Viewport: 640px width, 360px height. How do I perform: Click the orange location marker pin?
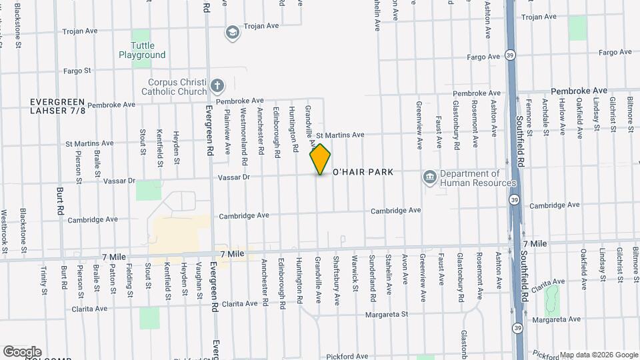[x=320, y=159]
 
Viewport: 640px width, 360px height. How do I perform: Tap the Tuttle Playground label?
[x=142, y=50]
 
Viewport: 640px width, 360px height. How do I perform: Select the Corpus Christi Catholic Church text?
[x=177, y=87]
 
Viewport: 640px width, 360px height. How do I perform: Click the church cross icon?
[x=217, y=85]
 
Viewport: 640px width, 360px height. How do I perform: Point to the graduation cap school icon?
[x=232, y=32]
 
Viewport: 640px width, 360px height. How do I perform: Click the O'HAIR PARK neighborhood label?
[x=363, y=172]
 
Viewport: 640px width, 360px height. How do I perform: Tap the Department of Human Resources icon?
[x=430, y=176]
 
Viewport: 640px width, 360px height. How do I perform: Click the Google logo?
[x=22, y=351]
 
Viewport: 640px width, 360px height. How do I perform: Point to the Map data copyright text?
[x=598, y=355]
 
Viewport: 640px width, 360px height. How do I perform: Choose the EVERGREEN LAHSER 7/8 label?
[x=58, y=106]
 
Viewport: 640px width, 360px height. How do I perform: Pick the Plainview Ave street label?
[x=227, y=131]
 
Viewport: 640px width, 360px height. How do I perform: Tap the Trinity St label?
[x=44, y=280]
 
